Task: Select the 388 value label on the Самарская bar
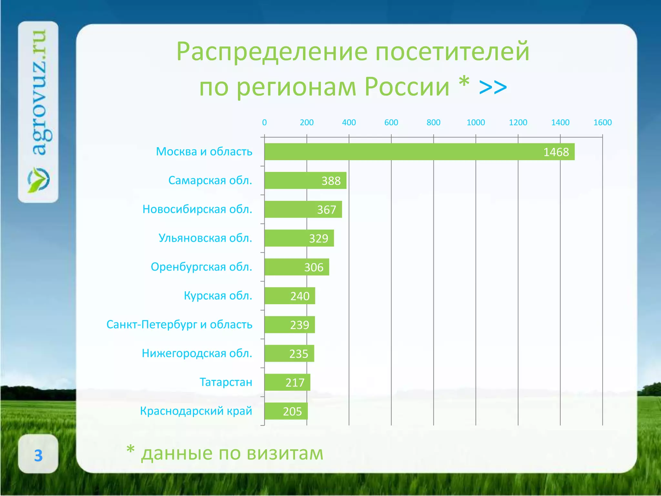pyautogui.click(x=331, y=181)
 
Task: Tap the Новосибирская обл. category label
pyautogui.click(x=197, y=209)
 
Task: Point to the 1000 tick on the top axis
pyautogui.click(x=476, y=123)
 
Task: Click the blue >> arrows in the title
pyautogui.click(x=493, y=87)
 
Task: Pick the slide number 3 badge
pyautogui.click(x=38, y=455)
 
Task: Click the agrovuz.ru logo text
pyautogui.click(x=40, y=92)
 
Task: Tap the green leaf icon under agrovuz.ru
pyautogui.click(x=38, y=180)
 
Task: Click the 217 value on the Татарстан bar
pyautogui.click(x=295, y=383)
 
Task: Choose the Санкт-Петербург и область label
pyautogui.click(x=179, y=325)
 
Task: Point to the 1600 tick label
pyautogui.click(x=602, y=123)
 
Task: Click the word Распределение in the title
pyautogui.click(x=271, y=52)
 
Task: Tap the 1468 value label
pyautogui.click(x=556, y=152)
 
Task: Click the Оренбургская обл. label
pyautogui.click(x=201, y=267)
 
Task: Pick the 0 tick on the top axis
pyautogui.click(x=264, y=123)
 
